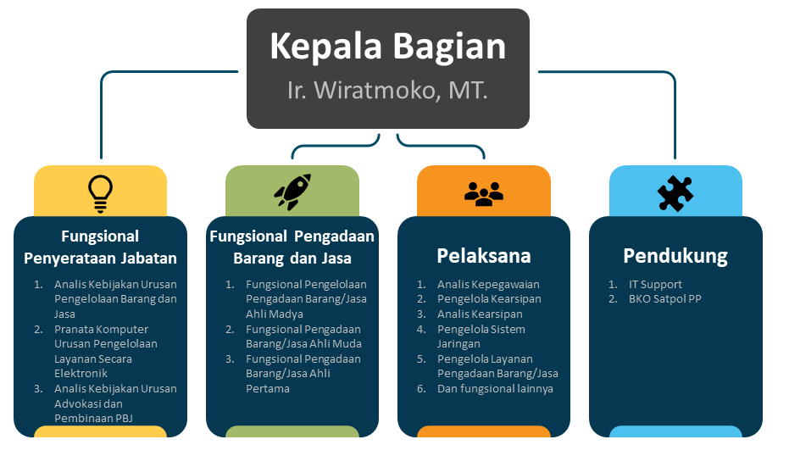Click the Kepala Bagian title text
[x=387, y=47]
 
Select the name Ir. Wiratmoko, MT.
[x=387, y=91]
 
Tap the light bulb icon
[x=100, y=194]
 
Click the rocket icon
[x=292, y=192]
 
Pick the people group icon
[x=484, y=194]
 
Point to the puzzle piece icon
[x=675, y=193]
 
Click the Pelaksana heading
[x=484, y=256]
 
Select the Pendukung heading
[x=675, y=256]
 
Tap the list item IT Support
[x=655, y=285]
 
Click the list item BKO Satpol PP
[x=664, y=299]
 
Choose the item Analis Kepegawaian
[x=488, y=285]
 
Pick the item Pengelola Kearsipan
[x=489, y=299]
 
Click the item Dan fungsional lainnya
[x=495, y=388]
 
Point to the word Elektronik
[x=81, y=374]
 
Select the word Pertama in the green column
[x=268, y=388]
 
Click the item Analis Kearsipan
[x=480, y=314]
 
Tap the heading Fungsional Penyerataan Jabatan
[x=100, y=247]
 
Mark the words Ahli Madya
[x=275, y=314]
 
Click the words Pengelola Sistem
[x=481, y=329]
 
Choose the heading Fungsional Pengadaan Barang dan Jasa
[x=292, y=247]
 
